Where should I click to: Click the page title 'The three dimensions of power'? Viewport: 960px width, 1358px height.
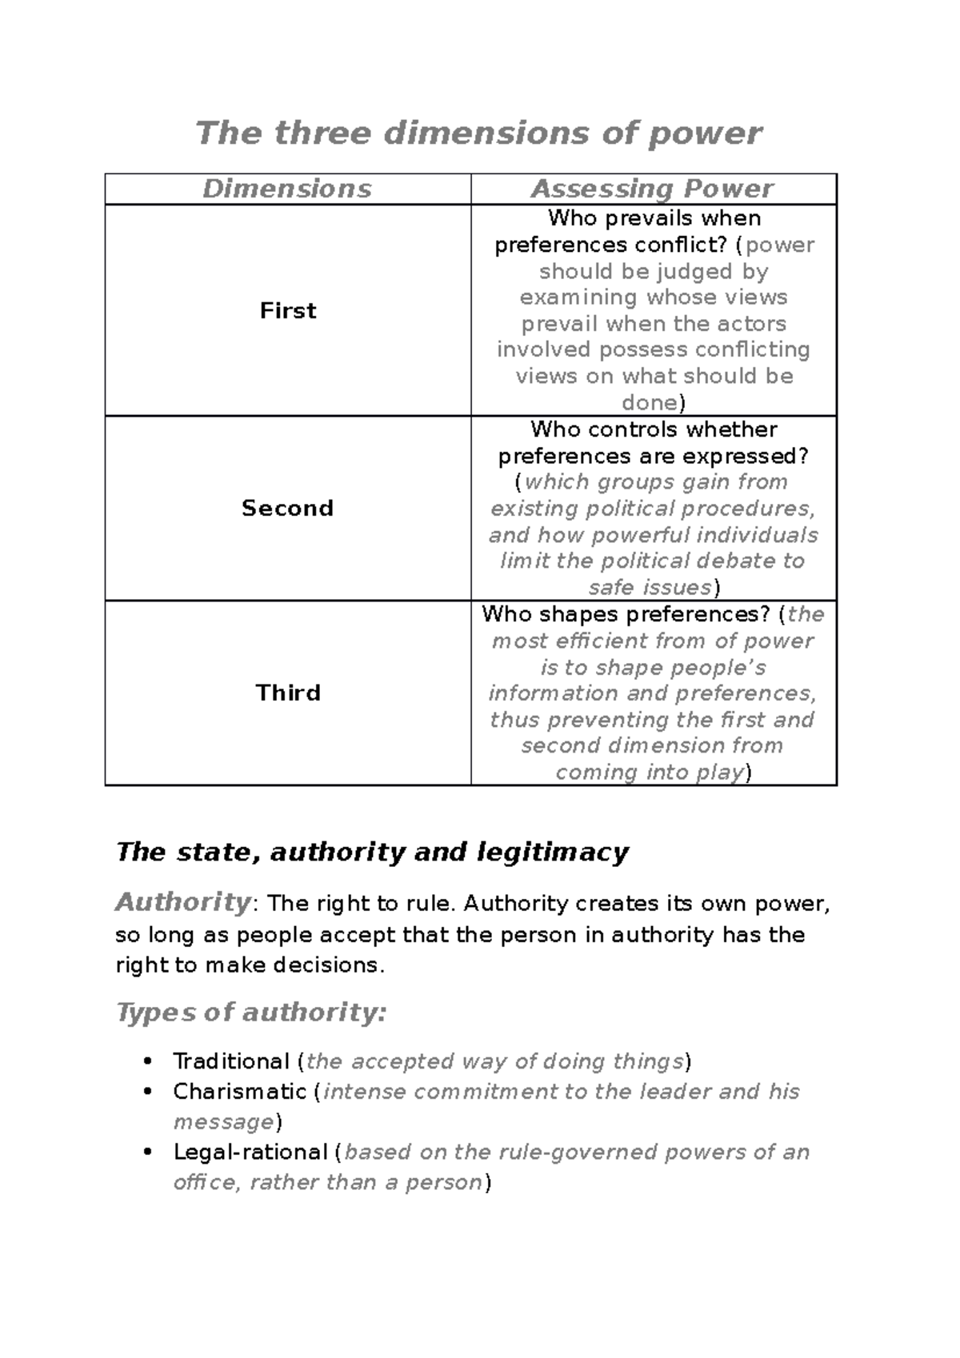click(x=478, y=133)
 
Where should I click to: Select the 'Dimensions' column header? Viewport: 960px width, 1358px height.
click(x=287, y=189)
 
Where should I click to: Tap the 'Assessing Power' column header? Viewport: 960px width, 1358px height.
click(x=653, y=189)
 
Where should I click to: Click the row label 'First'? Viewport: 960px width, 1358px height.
click(x=288, y=310)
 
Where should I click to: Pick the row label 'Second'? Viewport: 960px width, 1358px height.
click(x=287, y=508)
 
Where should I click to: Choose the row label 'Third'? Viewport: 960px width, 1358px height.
click(x=288, y=693)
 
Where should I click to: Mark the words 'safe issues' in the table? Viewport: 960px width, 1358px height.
click(x=650, y=588)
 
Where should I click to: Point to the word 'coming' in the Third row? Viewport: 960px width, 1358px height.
click(x=590, y=773)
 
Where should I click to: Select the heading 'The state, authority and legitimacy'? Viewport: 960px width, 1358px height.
click(x=372, y=852)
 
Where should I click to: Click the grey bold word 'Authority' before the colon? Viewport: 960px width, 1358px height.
click(x=183, y=902)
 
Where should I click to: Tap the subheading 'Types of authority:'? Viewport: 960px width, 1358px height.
click(x=251, y=1013)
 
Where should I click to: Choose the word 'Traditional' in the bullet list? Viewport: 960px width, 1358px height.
click(x=230, y=1061)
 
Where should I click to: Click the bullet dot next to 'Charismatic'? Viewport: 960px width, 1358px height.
click(x=146, y=1092)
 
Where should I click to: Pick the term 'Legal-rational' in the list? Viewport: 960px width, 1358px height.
click(x=250, y=1152)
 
